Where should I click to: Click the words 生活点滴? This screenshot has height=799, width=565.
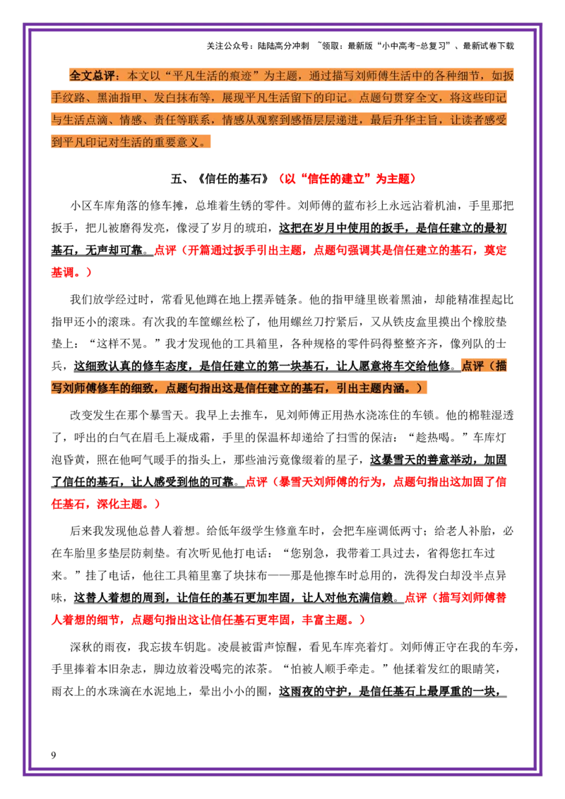click(88, 119)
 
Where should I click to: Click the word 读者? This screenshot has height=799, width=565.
click(474, 119)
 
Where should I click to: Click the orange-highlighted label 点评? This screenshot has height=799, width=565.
click(472, 366)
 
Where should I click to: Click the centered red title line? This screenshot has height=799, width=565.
click(348, 179)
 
